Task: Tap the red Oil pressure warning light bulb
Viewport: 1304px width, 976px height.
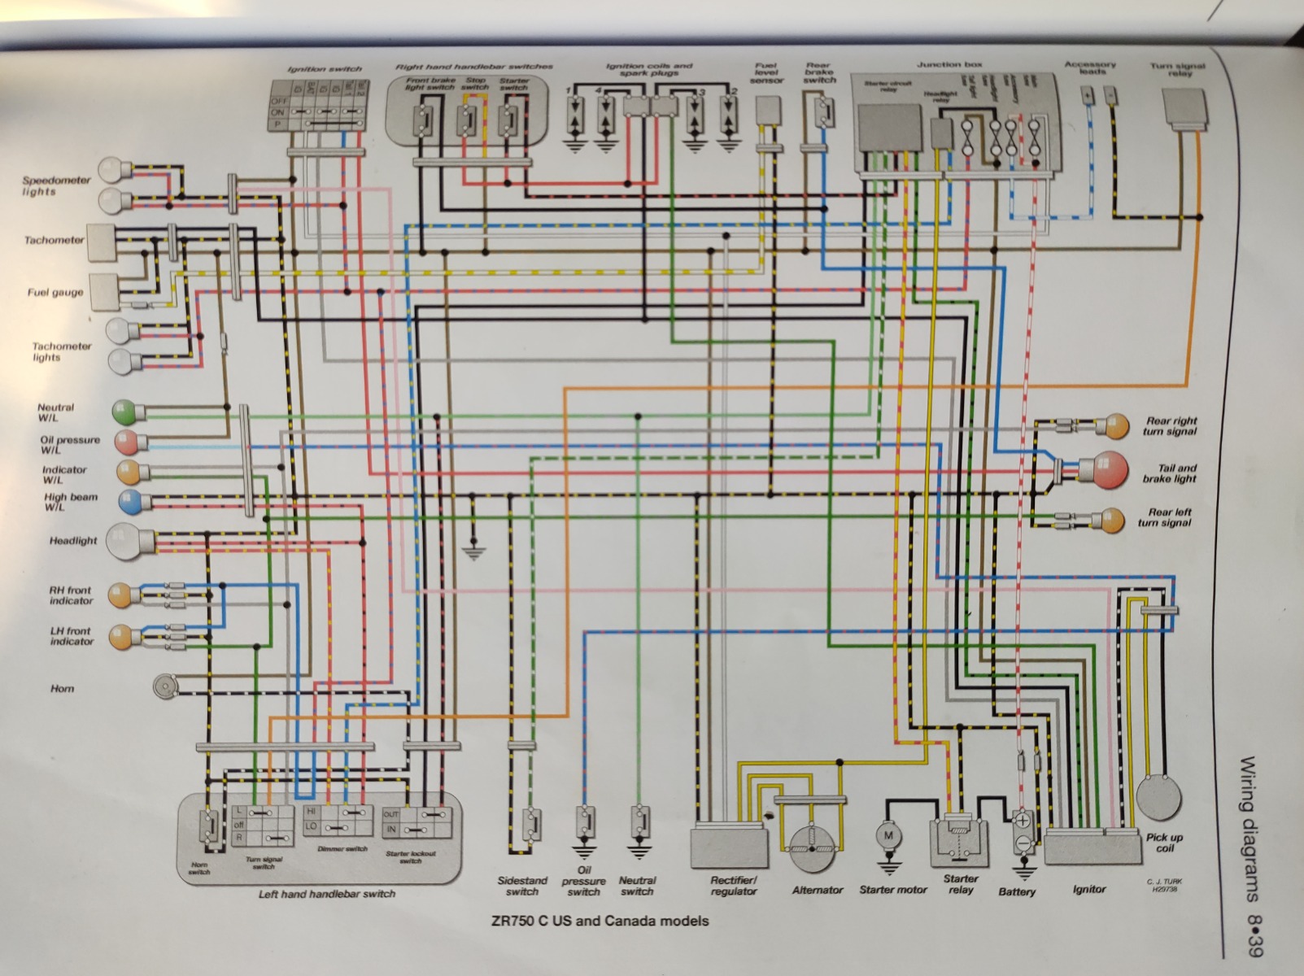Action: point(127,443)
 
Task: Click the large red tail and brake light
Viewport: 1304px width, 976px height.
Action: point(1105,470)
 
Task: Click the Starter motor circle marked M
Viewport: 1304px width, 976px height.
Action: point(888,835)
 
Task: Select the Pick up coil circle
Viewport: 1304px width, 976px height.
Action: point(1158,798)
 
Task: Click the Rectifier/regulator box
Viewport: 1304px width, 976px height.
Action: point(730,848)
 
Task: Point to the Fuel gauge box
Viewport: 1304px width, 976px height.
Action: point(102,293)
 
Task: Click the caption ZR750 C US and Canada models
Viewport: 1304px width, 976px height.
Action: point(600,922)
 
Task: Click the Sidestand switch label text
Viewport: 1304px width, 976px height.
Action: point(522,886)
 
